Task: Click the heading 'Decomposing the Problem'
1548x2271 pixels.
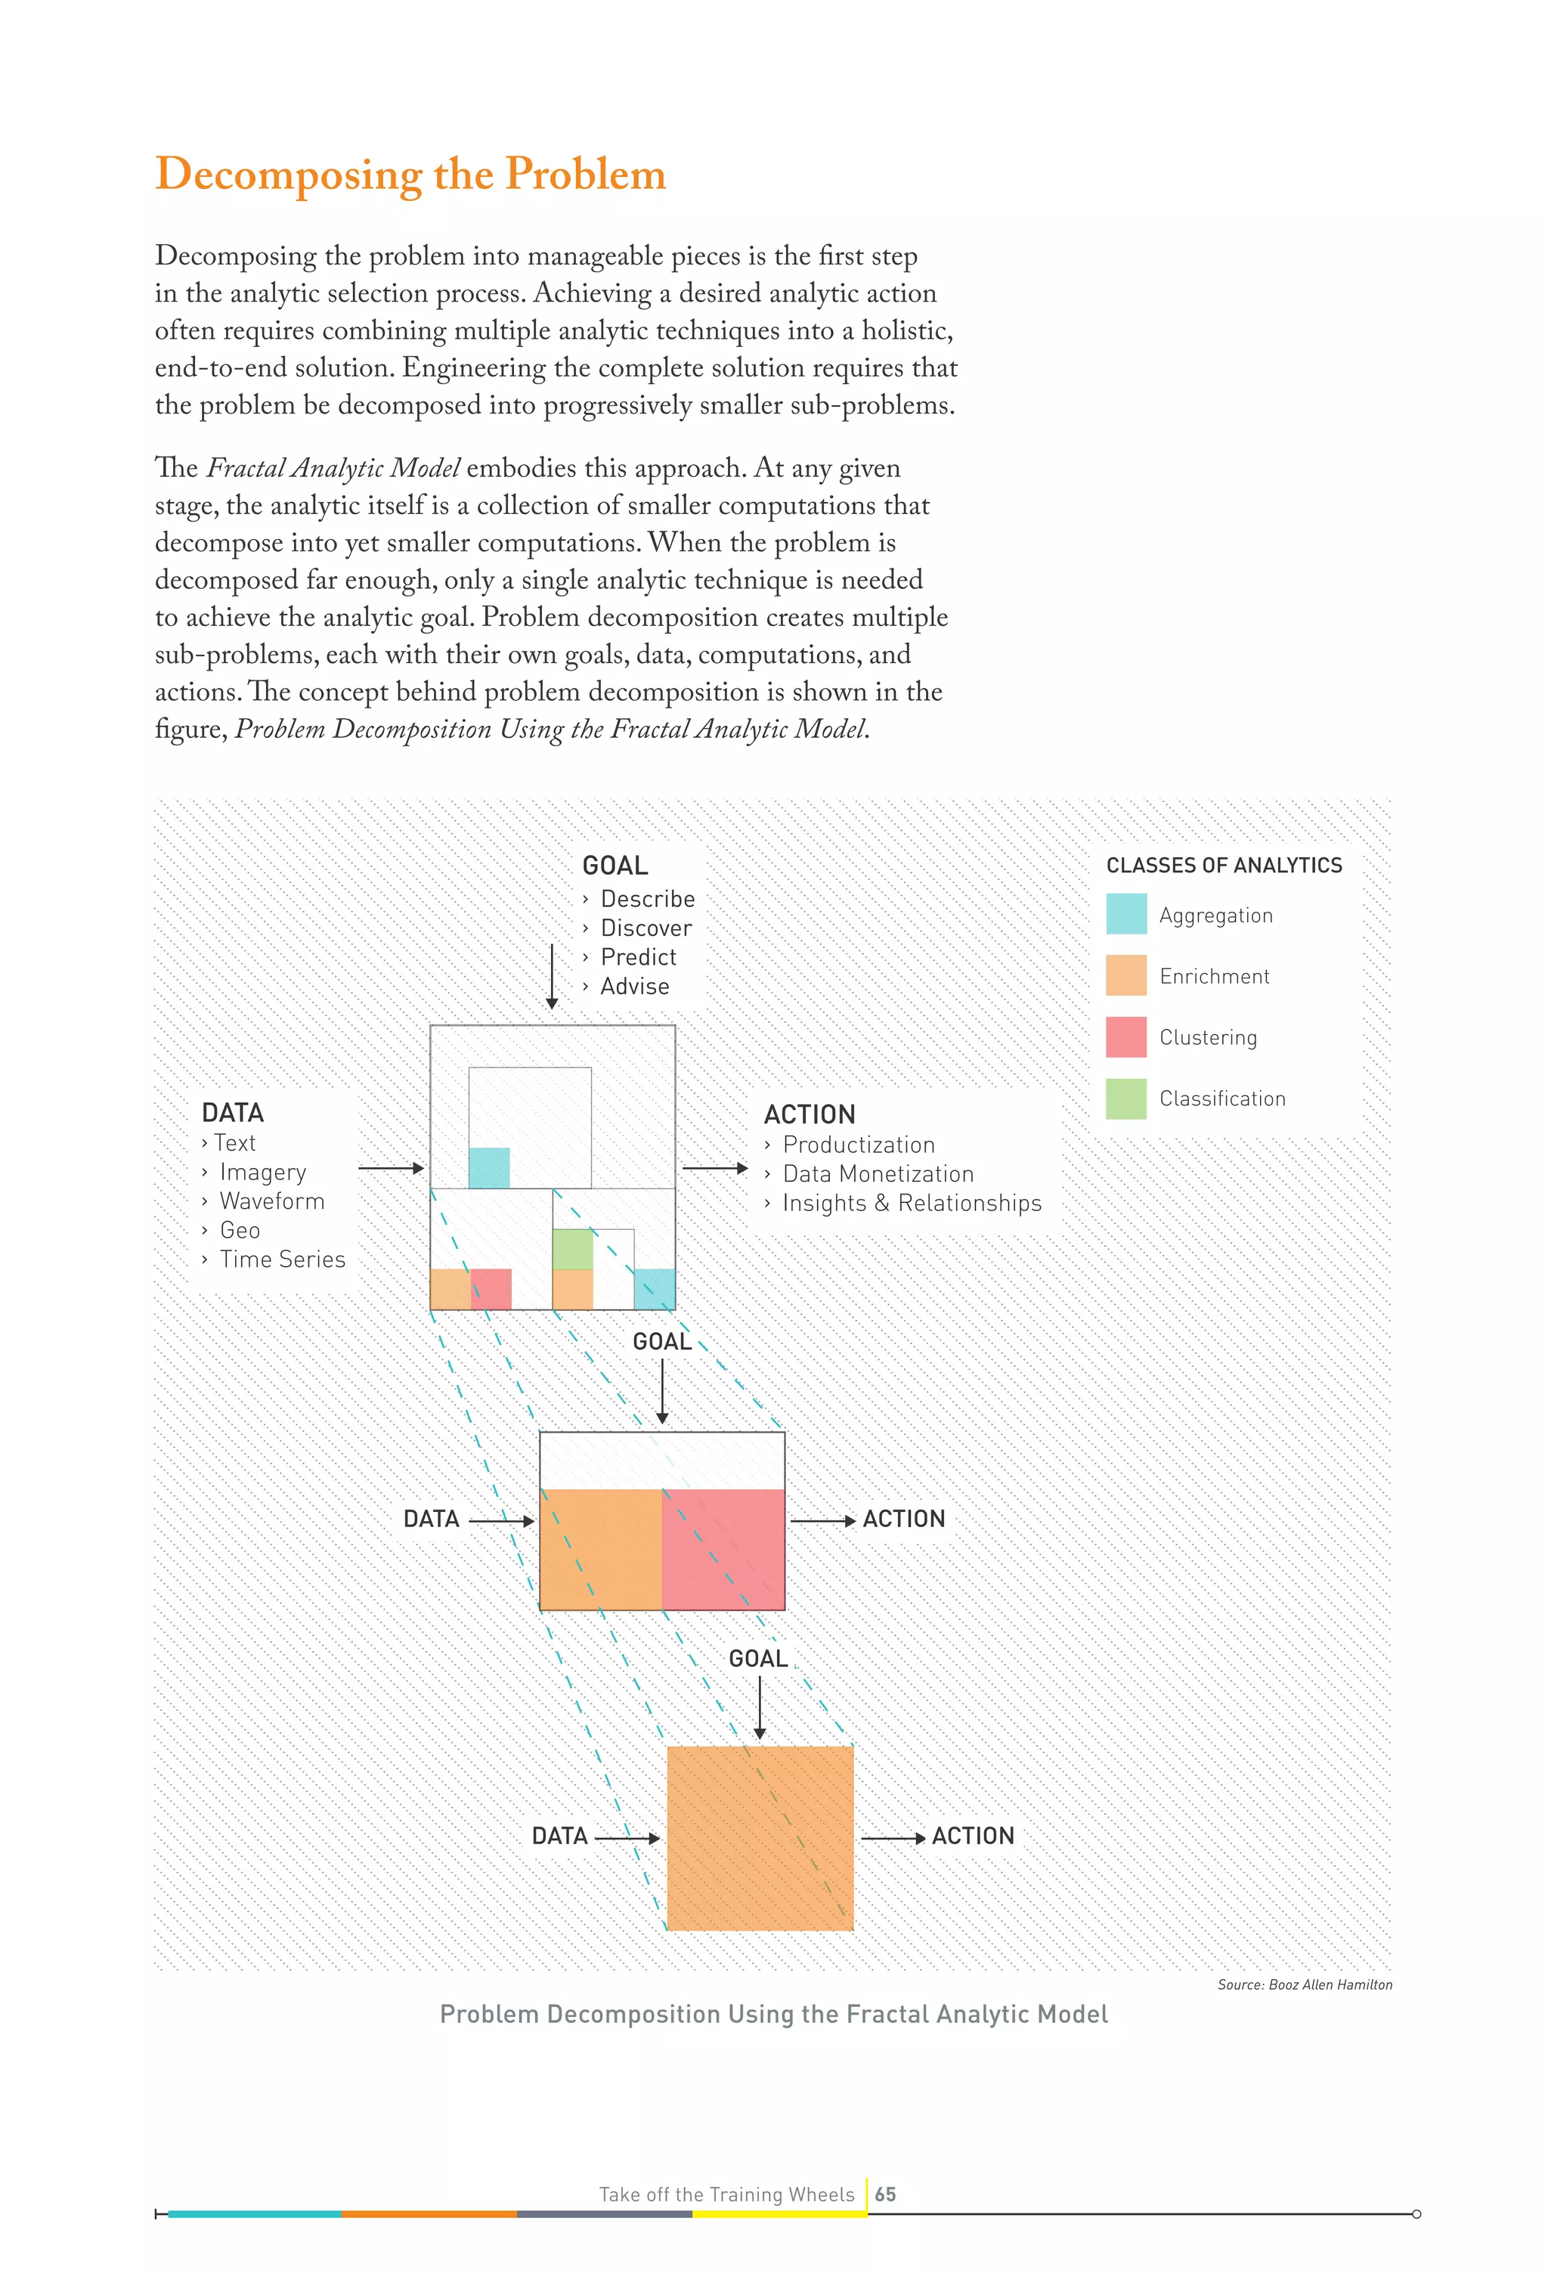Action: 410,175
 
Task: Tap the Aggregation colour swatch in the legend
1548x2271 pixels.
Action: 1125,914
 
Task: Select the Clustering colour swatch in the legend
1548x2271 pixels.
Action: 1125,1036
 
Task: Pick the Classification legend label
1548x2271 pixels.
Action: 1221,1098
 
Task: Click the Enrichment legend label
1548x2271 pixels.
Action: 1214,976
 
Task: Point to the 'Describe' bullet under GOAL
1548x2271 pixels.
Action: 647,899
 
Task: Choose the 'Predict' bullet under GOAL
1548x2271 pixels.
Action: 638,958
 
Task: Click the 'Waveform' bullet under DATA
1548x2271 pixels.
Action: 271,1201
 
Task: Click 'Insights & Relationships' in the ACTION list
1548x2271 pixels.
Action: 911,1203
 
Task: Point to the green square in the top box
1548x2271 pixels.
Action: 573,1249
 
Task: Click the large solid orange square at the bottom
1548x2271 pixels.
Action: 760,1837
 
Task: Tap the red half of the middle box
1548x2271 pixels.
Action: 723,1549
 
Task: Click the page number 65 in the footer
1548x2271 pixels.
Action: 885,2194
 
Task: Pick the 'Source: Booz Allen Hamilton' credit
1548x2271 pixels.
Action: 1304,1984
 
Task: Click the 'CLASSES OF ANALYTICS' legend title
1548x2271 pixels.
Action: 1224,866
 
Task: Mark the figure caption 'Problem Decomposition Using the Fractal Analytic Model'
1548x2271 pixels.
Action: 773,2014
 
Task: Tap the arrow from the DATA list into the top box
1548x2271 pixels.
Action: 391,1168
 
